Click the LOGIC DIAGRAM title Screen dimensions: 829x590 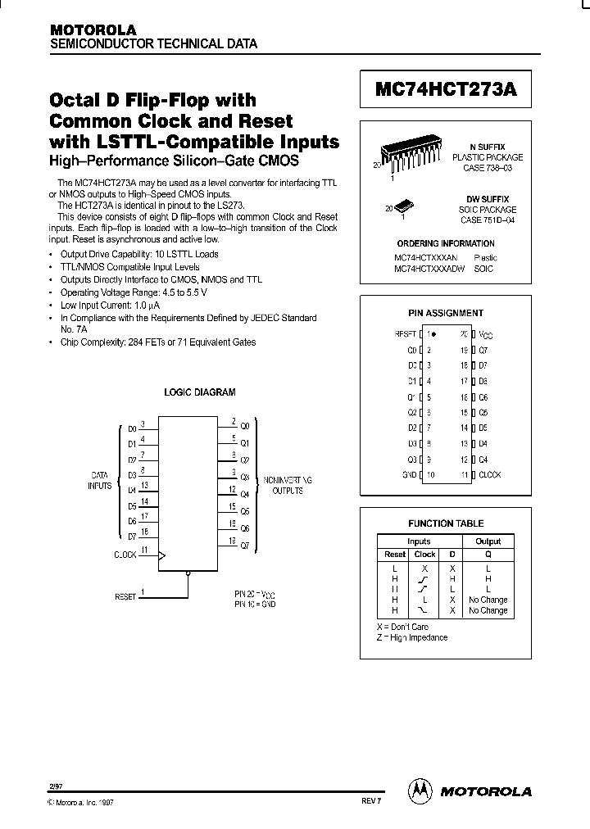click(x=200, y=392)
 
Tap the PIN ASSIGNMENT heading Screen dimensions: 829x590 click(x=446, y=313)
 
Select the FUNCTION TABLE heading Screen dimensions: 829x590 click(x=446, y=523)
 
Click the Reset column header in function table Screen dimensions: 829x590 click(x=395, y=555)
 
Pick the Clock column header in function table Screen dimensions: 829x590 click(x=425, y=555)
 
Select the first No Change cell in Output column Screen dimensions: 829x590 click(x=488, y=600)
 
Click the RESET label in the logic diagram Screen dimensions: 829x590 click(x=125, y=597)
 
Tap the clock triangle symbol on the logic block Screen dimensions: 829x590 click(x=161, y=555)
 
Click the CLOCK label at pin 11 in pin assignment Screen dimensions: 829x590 click(x=489, y=475)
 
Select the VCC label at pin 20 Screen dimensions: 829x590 click(x=486, y=335)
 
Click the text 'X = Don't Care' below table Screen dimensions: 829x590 click(x=403, y=627)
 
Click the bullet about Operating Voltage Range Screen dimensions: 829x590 click(x=134, y=292)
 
